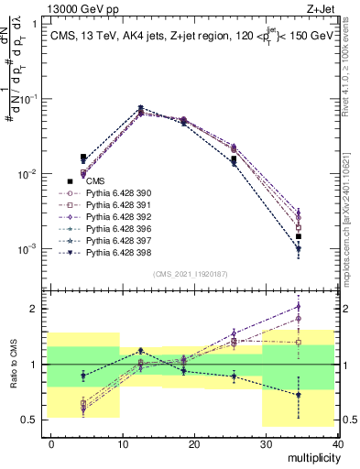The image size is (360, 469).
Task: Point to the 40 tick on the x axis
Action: pos(337,444)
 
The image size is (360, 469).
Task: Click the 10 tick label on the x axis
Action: pos(123,444)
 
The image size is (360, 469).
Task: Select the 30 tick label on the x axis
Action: pos(266,444)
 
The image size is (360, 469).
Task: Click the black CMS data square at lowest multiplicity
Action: pos(83,158)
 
